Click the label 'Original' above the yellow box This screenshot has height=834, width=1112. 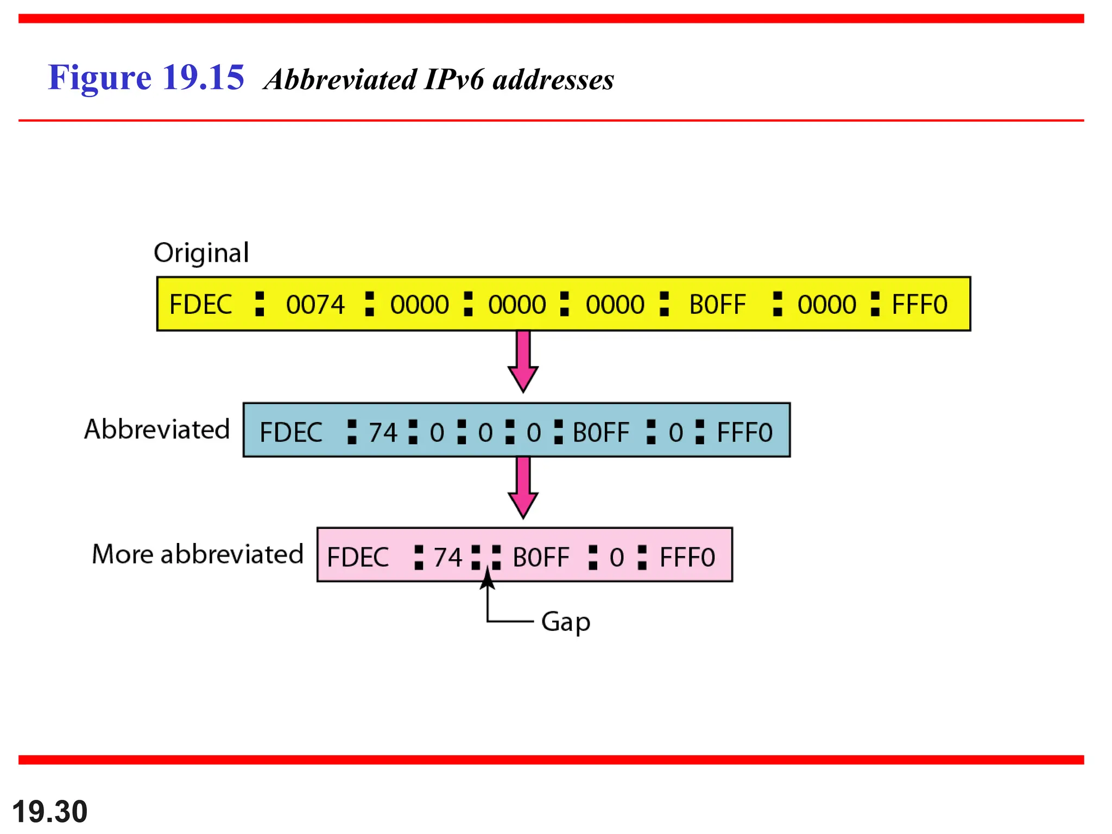pos(201,253)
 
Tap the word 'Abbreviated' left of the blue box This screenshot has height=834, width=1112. pos(157,429)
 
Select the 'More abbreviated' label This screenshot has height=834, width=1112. pos(198,554)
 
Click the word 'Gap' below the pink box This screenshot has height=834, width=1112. pos(566,622)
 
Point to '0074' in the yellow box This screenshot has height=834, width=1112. pos(315,305)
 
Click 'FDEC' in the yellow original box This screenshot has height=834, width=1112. pos(201,305)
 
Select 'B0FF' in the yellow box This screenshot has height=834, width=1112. pos(717,305)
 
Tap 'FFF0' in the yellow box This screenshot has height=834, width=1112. pos(920,305)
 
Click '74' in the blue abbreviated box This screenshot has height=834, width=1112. pos(383,433)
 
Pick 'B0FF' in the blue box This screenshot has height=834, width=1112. pos(601,433)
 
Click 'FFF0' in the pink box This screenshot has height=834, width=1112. pos(687,558)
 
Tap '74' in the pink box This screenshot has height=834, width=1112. pos(448,558)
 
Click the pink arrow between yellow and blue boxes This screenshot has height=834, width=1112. pos(523,361)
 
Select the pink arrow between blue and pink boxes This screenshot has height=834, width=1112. pos(523,487)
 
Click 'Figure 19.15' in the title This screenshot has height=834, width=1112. pos(146,77)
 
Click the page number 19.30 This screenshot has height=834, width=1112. pos(50,812)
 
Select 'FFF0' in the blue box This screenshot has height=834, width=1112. pos(744,433)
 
